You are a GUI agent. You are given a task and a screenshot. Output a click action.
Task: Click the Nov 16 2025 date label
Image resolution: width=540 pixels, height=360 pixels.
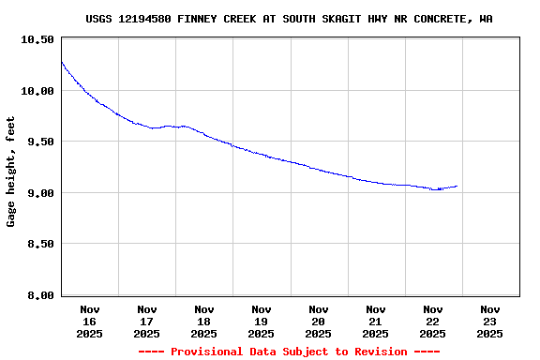(x=90, y=321)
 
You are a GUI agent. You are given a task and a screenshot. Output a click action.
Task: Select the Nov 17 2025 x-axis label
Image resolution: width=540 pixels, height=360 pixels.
(x=147, y=321)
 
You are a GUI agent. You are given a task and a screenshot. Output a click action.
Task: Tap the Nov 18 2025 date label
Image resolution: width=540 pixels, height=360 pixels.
(x=204, y=321)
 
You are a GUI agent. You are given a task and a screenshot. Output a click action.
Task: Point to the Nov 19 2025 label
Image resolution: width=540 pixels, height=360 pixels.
(x=262, y=321)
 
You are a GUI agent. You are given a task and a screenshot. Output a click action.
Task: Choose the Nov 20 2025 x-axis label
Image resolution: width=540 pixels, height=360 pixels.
(x=319, y=321)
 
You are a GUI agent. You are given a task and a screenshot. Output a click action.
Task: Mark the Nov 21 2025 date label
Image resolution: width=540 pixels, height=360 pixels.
(x=376, y=321)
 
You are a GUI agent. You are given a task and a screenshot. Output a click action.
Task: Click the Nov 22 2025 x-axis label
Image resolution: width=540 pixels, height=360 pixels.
(x=433, y=321)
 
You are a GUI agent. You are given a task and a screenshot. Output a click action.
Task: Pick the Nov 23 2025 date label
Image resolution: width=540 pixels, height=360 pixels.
(x=490, y=321)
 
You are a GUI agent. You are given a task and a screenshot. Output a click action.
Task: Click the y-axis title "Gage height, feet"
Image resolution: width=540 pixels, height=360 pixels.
(x=11, y=171)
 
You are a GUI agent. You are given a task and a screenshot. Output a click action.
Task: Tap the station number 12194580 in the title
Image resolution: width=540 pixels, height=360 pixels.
(x=146, y=19)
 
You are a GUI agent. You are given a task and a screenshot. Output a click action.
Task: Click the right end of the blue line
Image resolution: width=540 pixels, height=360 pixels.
(x=457, y=186)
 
